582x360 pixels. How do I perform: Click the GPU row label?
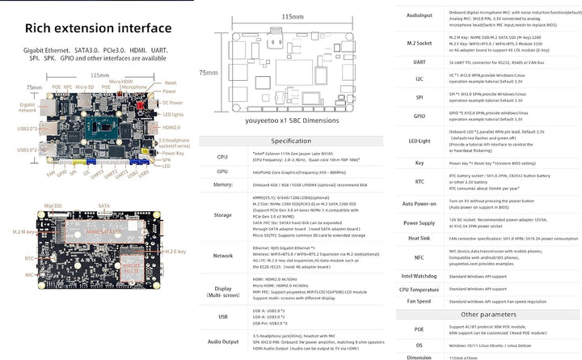point(222,173)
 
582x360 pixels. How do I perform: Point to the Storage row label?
point(222,215)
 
